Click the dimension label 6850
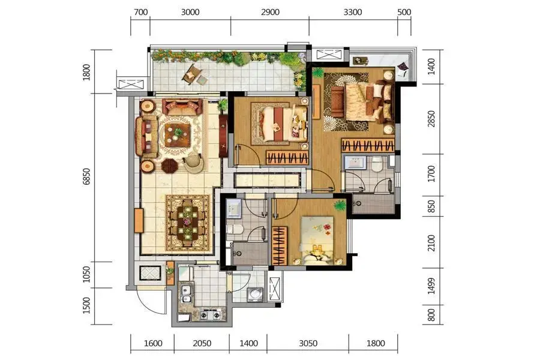pos(86,177)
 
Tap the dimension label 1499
pos(431,286)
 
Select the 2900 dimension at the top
pos(270,13)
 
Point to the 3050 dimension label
pos(308,343)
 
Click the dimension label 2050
pos(202,343)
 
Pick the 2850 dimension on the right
pos(431,119)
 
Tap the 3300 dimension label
pos(353,13)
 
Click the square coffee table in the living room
pos(178,134)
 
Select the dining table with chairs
pos(187,223)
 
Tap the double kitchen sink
pos(187,294)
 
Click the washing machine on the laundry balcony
pos(255,295)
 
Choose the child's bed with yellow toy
pos(317,240)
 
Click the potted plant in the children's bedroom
pos(340,205)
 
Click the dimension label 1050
pos(86,274)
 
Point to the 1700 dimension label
pos(431,174)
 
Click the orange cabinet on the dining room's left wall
pos(139,220)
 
